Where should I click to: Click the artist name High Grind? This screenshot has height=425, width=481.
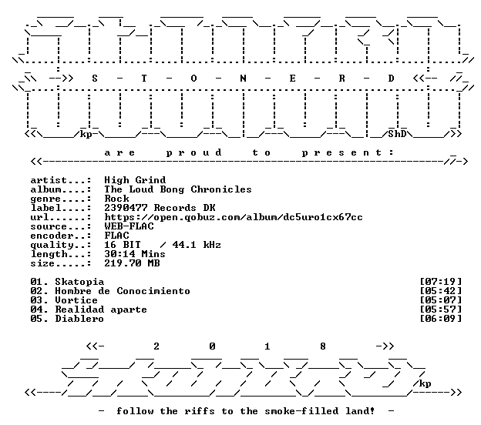135,180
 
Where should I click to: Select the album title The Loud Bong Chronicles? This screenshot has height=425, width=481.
178,189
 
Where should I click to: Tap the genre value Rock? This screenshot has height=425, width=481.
116,199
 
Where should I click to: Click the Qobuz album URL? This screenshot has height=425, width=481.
234,217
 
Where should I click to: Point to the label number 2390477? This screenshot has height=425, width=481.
126,208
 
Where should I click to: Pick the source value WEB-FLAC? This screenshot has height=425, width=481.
129,226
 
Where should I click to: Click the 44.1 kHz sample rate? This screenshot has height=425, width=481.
197,245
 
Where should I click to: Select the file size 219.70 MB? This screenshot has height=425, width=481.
132,263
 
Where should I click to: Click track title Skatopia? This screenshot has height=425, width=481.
79,282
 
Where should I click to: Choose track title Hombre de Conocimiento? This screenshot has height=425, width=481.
123,291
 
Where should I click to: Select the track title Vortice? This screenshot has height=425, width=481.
76,300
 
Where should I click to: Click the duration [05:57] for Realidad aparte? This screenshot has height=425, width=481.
440,310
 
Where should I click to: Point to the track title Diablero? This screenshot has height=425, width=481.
79,319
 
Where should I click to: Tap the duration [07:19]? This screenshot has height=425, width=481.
440,282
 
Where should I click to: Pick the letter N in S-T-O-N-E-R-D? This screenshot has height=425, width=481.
243,79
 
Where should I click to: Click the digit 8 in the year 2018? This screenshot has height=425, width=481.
323,346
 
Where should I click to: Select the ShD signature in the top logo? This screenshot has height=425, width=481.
397,134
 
